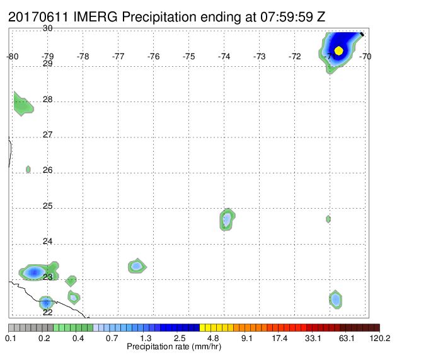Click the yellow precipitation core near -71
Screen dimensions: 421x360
[339, 50]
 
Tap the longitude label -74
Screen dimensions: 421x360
[224, 56]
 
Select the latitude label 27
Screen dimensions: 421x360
[47, 134]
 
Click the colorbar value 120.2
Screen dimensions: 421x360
[380, 338]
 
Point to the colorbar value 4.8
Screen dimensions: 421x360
[213, 338]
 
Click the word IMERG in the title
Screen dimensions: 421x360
[95, 17]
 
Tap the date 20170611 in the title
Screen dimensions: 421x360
[38, 17]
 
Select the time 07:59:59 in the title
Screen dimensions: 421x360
[287, 17]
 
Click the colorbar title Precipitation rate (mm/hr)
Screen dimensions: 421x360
[174, 347]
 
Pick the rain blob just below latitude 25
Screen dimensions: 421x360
[227, 219]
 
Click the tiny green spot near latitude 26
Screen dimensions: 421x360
[28, 169]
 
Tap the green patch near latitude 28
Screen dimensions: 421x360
[23, 104]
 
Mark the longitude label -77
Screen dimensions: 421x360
[118, 56]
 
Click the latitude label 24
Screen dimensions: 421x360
[47, 241]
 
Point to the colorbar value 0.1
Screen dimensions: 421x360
[11, 338]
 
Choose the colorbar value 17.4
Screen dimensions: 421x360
[280, 338]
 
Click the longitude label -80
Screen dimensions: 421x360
[13, 56]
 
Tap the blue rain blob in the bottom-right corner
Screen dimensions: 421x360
[336, 299]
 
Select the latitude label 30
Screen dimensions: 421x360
[47, 28]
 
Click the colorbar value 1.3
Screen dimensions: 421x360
[146, 338]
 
